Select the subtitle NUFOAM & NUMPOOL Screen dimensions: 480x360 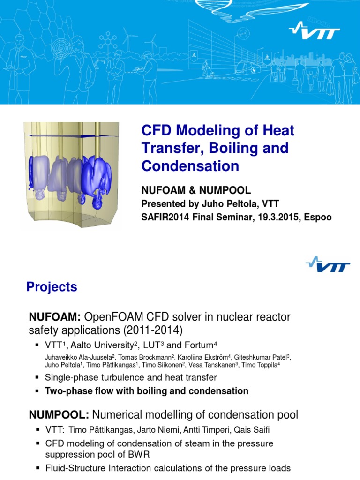click(x=196, y=190)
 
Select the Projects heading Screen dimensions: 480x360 click(x=52, y=287)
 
